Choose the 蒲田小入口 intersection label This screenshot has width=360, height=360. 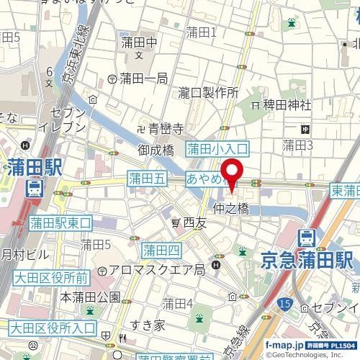[217, 149]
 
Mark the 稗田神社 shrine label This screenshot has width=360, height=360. [285, 104]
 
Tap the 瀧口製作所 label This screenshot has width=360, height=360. [209, 92]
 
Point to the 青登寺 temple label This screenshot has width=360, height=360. [167, 130]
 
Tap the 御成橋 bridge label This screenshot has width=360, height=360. [158, 152]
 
